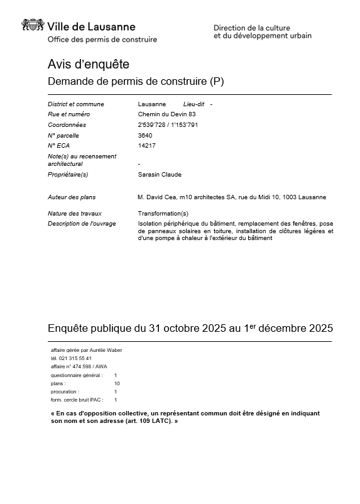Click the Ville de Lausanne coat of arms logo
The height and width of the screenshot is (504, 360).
33,26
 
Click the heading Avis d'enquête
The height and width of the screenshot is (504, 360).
88,63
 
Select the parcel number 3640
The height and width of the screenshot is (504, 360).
145,135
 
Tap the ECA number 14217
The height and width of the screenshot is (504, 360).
146,145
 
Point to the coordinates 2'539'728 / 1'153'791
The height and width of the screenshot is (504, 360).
168,124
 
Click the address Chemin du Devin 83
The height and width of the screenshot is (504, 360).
167,114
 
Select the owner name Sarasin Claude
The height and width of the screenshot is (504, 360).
159,174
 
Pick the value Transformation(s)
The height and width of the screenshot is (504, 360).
163,214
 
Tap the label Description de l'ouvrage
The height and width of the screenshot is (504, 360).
82,223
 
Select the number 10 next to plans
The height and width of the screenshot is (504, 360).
117,383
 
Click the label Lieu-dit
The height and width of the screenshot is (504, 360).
194,104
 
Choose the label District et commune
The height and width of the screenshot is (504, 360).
75,104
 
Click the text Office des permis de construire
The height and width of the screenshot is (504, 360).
102,40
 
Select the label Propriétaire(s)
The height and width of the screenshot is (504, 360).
68,174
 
